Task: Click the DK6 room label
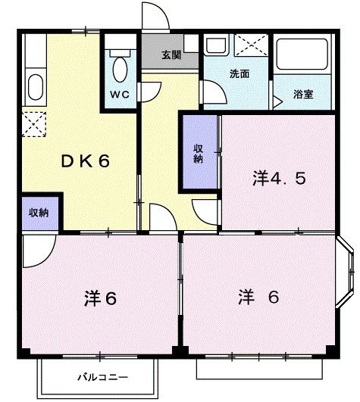point(86,160)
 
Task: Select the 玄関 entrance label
point(171,55)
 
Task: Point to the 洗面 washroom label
point(239,74)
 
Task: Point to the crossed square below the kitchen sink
point(34,121)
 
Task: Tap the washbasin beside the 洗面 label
point(217,45)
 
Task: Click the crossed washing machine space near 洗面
point(251,45)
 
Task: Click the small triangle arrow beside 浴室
point(279,98)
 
